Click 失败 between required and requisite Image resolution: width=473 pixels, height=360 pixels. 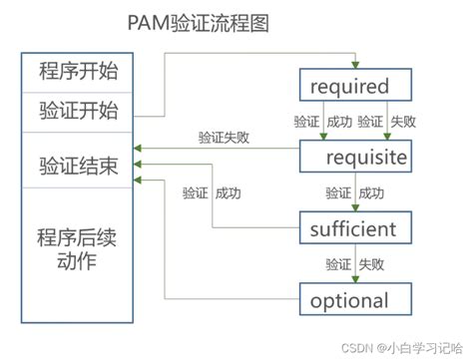coord(403,122)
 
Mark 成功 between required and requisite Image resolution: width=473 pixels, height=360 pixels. coord(339,122)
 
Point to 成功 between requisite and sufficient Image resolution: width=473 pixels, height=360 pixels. coord(371,192)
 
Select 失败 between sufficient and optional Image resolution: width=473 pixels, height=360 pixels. coord(371,264)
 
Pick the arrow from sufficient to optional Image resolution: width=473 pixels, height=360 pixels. coord(354,264)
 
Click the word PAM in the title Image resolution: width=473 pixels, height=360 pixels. coord(150,22)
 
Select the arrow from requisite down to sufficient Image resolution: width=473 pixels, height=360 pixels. coord(354,192)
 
